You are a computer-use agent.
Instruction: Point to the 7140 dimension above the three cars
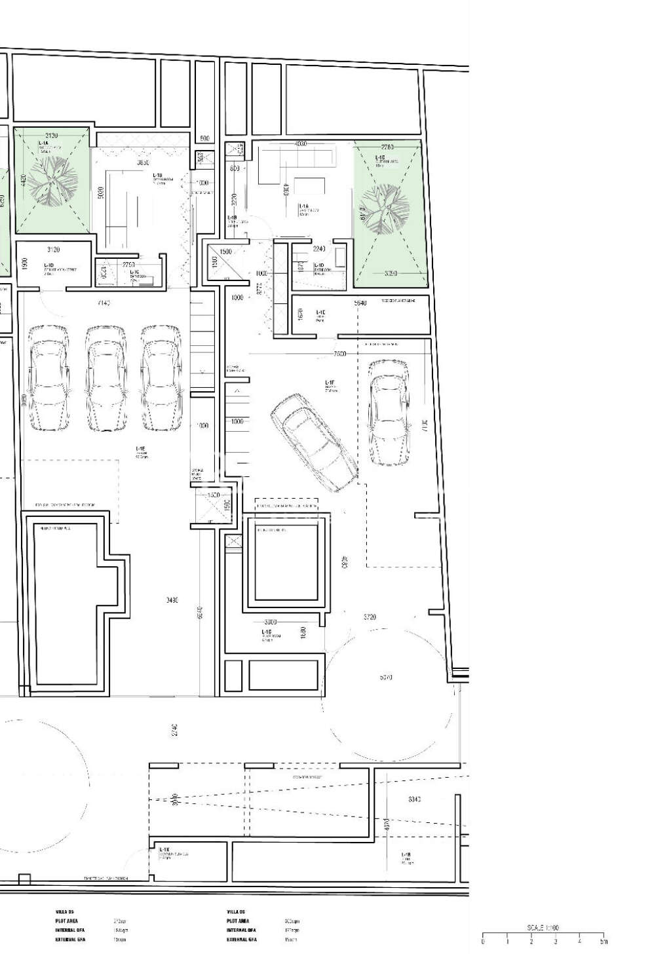(x=104, y=303)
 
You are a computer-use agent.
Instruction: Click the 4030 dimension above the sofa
(x=301, y=143)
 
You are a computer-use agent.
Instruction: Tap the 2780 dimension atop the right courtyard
(x=387, y=147)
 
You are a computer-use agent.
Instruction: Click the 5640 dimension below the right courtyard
(x=360, y=303)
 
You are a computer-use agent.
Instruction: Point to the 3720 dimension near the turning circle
(x=371, y=617)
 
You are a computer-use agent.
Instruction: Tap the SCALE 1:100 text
(x=543, y=928)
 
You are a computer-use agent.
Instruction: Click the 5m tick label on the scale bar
(x=604, y=942)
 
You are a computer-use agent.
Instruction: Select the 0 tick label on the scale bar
(x=483, y=942)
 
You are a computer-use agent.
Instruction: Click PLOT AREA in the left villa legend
(x=67, y=921)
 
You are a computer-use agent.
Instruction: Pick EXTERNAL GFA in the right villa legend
(x=242, y=939)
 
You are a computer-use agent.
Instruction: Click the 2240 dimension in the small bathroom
(x=319, y=249)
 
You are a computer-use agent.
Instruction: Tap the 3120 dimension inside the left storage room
(x=54, y=250)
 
